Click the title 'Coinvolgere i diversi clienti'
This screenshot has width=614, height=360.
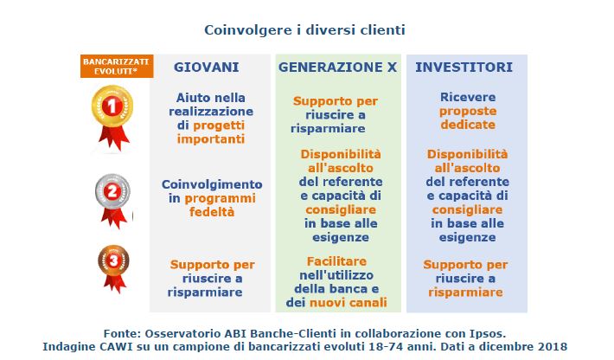[x=304, y=30]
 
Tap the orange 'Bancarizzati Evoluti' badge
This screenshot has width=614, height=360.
[x=117, y=67]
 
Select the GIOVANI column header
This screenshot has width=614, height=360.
[x=207, y=67]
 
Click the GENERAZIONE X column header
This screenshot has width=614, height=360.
[x=337, y=67]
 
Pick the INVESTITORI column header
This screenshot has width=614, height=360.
[x=464, y=67]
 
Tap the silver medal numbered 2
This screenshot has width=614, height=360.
[x=112, y=201]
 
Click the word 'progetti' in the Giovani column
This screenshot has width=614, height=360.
[x=219, y=125]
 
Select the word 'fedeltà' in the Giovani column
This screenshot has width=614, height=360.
[x=212, y=212]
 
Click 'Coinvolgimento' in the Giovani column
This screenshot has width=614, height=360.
[x=212, y=184]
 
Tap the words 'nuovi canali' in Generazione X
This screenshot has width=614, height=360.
[x=349, y=303]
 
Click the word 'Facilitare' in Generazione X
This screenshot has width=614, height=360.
[x=336, y=261]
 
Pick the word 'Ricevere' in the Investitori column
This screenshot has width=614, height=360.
[x=468, y=97]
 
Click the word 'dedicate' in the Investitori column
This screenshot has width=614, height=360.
[x=468, y=125]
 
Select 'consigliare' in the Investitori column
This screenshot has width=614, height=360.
[x=468, y=209]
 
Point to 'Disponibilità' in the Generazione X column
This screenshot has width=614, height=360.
[x=341, y=154]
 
